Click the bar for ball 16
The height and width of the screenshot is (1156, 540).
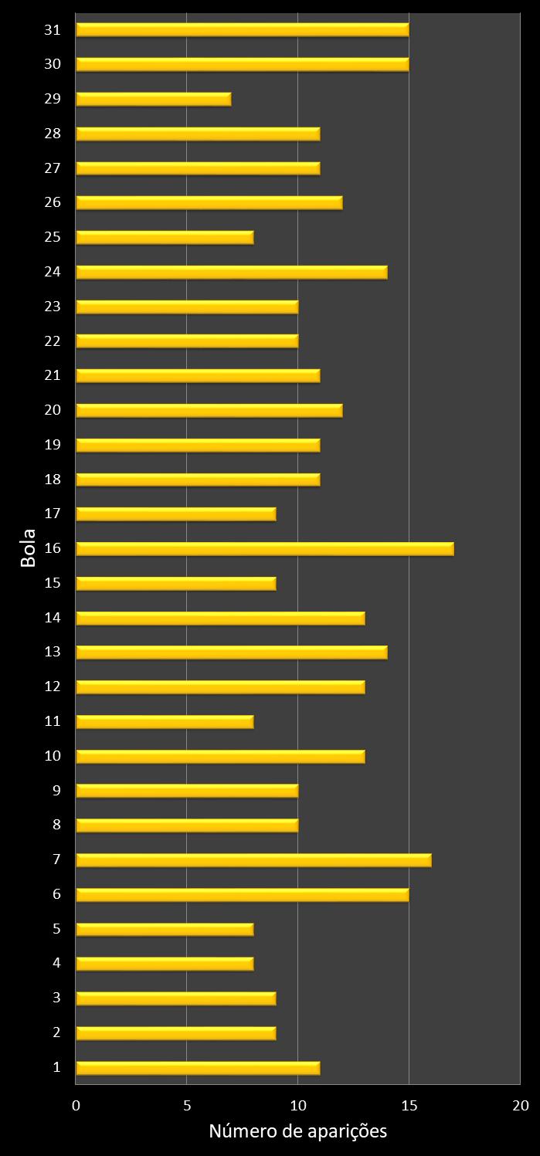[264, 548]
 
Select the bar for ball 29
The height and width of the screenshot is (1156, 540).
[153, 99]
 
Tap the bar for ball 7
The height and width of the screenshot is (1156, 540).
[253, 859]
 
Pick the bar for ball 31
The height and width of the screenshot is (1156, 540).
[242, 29]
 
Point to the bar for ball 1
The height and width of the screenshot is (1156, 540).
[198, 1067]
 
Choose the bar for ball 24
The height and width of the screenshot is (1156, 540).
[231, 272]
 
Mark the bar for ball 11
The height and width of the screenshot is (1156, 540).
[165, 721]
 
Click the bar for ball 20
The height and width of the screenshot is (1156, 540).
[209, 410]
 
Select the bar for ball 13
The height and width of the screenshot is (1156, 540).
[231, 652]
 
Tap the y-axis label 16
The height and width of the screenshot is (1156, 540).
[53, 548]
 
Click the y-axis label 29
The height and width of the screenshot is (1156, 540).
[53, 99]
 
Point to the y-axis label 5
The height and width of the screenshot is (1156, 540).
[56, 929]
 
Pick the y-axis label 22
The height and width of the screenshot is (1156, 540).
[53, 341]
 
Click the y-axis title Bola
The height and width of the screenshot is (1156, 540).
[29, 548]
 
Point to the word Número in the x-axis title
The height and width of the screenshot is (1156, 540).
[239, 1132]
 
